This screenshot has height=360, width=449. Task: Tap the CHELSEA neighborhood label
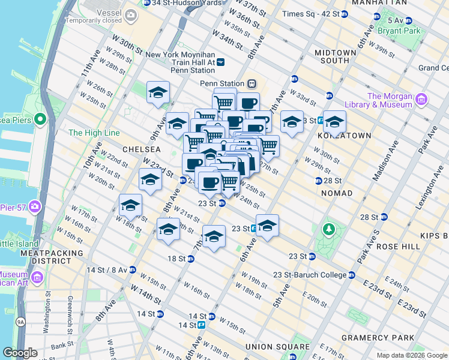[142, 148]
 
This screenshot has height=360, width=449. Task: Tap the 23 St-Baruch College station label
[310, 275]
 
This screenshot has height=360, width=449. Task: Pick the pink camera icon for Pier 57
[35, 207]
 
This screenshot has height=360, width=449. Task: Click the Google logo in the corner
[20, 353]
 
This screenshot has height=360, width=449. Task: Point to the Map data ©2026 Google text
[411, 355]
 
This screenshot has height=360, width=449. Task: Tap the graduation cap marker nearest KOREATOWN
[334, 122]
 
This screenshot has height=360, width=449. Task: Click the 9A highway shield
[21, 322]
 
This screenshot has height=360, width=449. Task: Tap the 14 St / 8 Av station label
[106, 270]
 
